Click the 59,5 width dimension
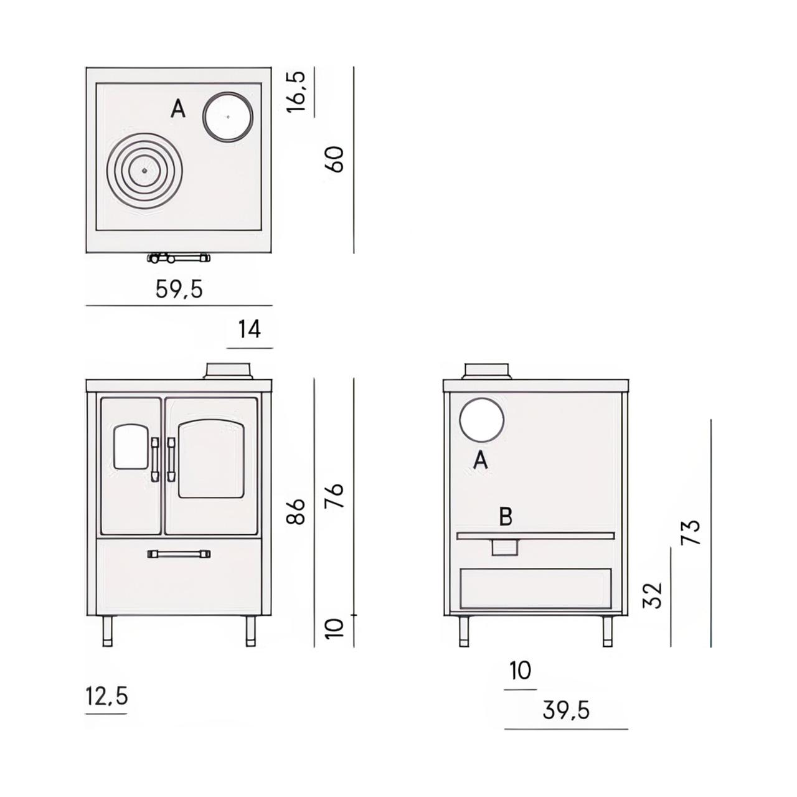click(179, 289)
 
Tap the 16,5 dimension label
click(296, 92)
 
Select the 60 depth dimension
click(334, 159)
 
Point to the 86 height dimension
click(296, 511)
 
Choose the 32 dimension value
click(653, 595)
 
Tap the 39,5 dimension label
click(565, 711)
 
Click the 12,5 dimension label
click(106, 696)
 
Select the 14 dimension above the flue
click(250, 329)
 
